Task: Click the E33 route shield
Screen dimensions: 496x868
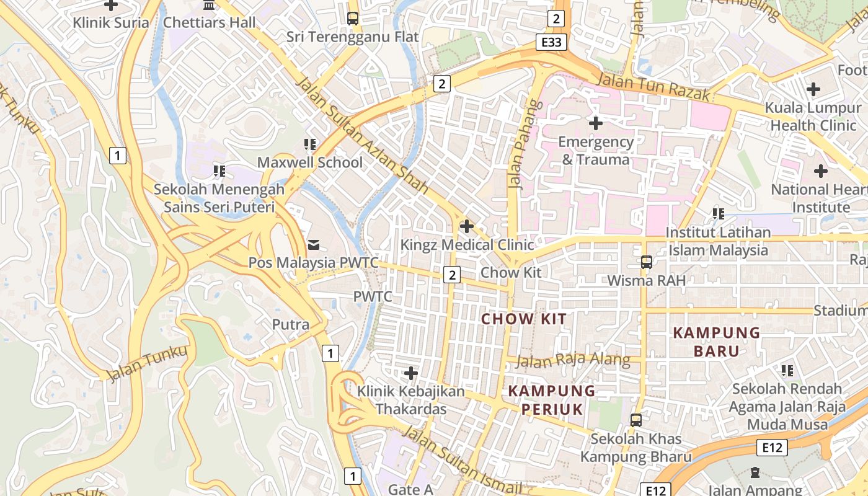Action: (x=551, y=42)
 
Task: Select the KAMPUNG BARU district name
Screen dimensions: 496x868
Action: (x=717, y=342)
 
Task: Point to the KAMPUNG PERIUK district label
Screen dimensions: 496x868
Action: (x=552, y=400)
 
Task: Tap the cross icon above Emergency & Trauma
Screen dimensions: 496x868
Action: (x=595, y=123)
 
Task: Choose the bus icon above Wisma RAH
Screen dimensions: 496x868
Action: (x=647, y=262)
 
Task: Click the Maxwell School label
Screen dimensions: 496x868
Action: (x=310, y=162)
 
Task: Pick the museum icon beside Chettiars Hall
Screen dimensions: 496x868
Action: (x=210, y=5)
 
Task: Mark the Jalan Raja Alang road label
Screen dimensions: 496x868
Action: (x=573, y=360)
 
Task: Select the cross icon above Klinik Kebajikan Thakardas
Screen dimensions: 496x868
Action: (x=410, y=373)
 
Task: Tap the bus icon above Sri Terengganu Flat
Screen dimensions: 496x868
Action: (x=353, y=19)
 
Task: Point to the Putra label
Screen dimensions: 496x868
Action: (x=291, y=324)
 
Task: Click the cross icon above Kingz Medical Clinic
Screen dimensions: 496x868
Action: (x=467, y=226)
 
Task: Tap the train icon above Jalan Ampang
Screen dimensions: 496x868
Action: (x=755, y=473)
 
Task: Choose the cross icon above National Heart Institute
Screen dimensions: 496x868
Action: (x=821, y=170)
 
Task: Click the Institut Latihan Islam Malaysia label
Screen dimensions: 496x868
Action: (x=718, y=241)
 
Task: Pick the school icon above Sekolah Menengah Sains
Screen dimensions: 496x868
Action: (x=219, y=170)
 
